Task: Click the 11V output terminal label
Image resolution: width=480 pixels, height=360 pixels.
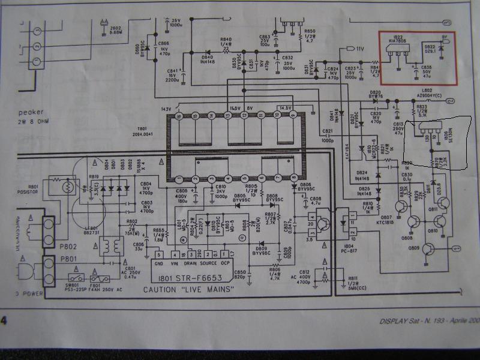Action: pos(360,49)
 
